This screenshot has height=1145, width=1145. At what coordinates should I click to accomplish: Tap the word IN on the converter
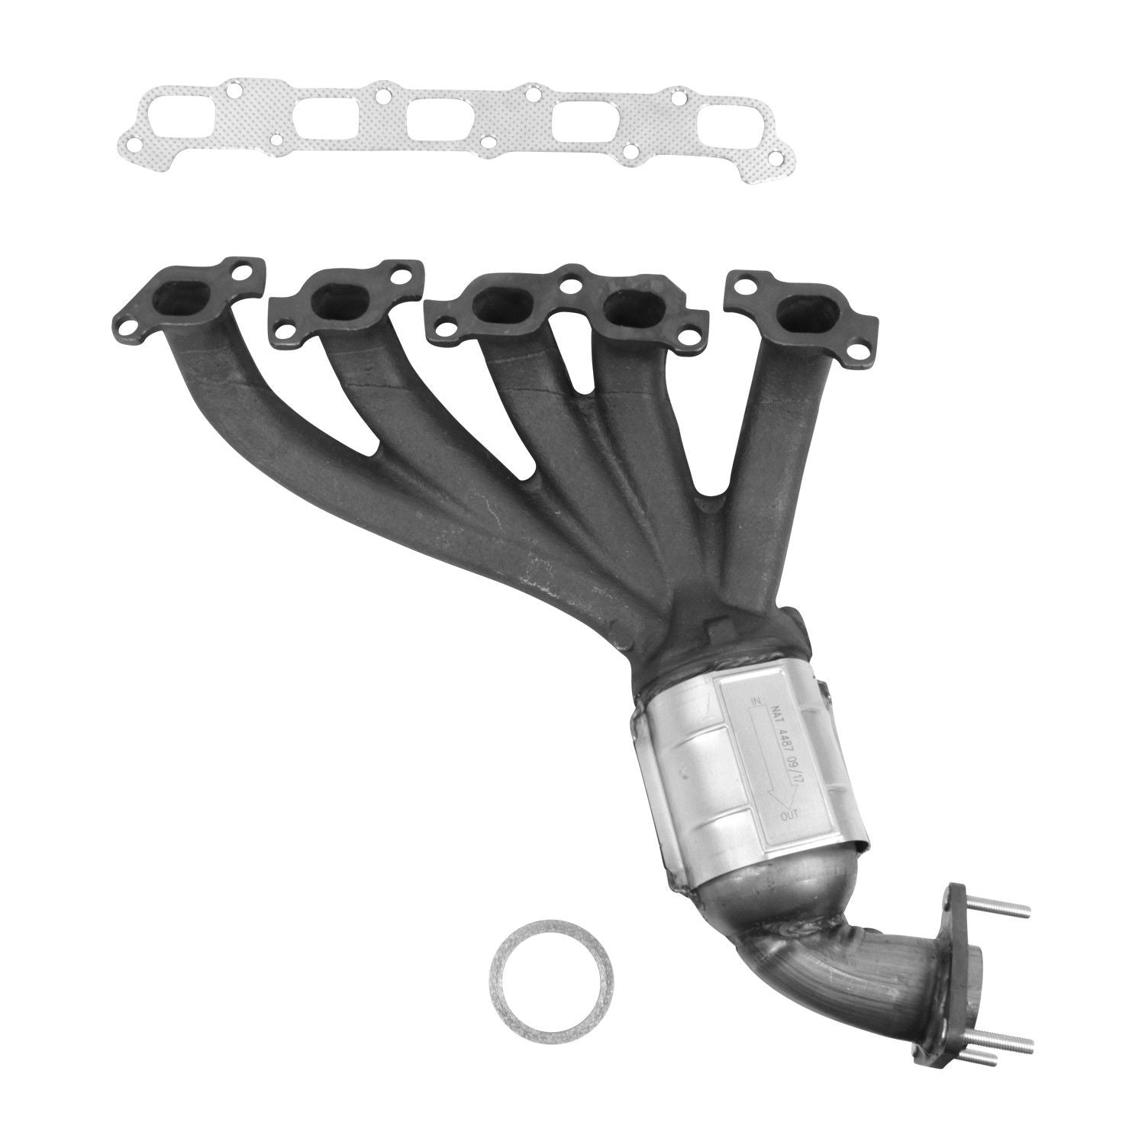click(755, 700)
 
